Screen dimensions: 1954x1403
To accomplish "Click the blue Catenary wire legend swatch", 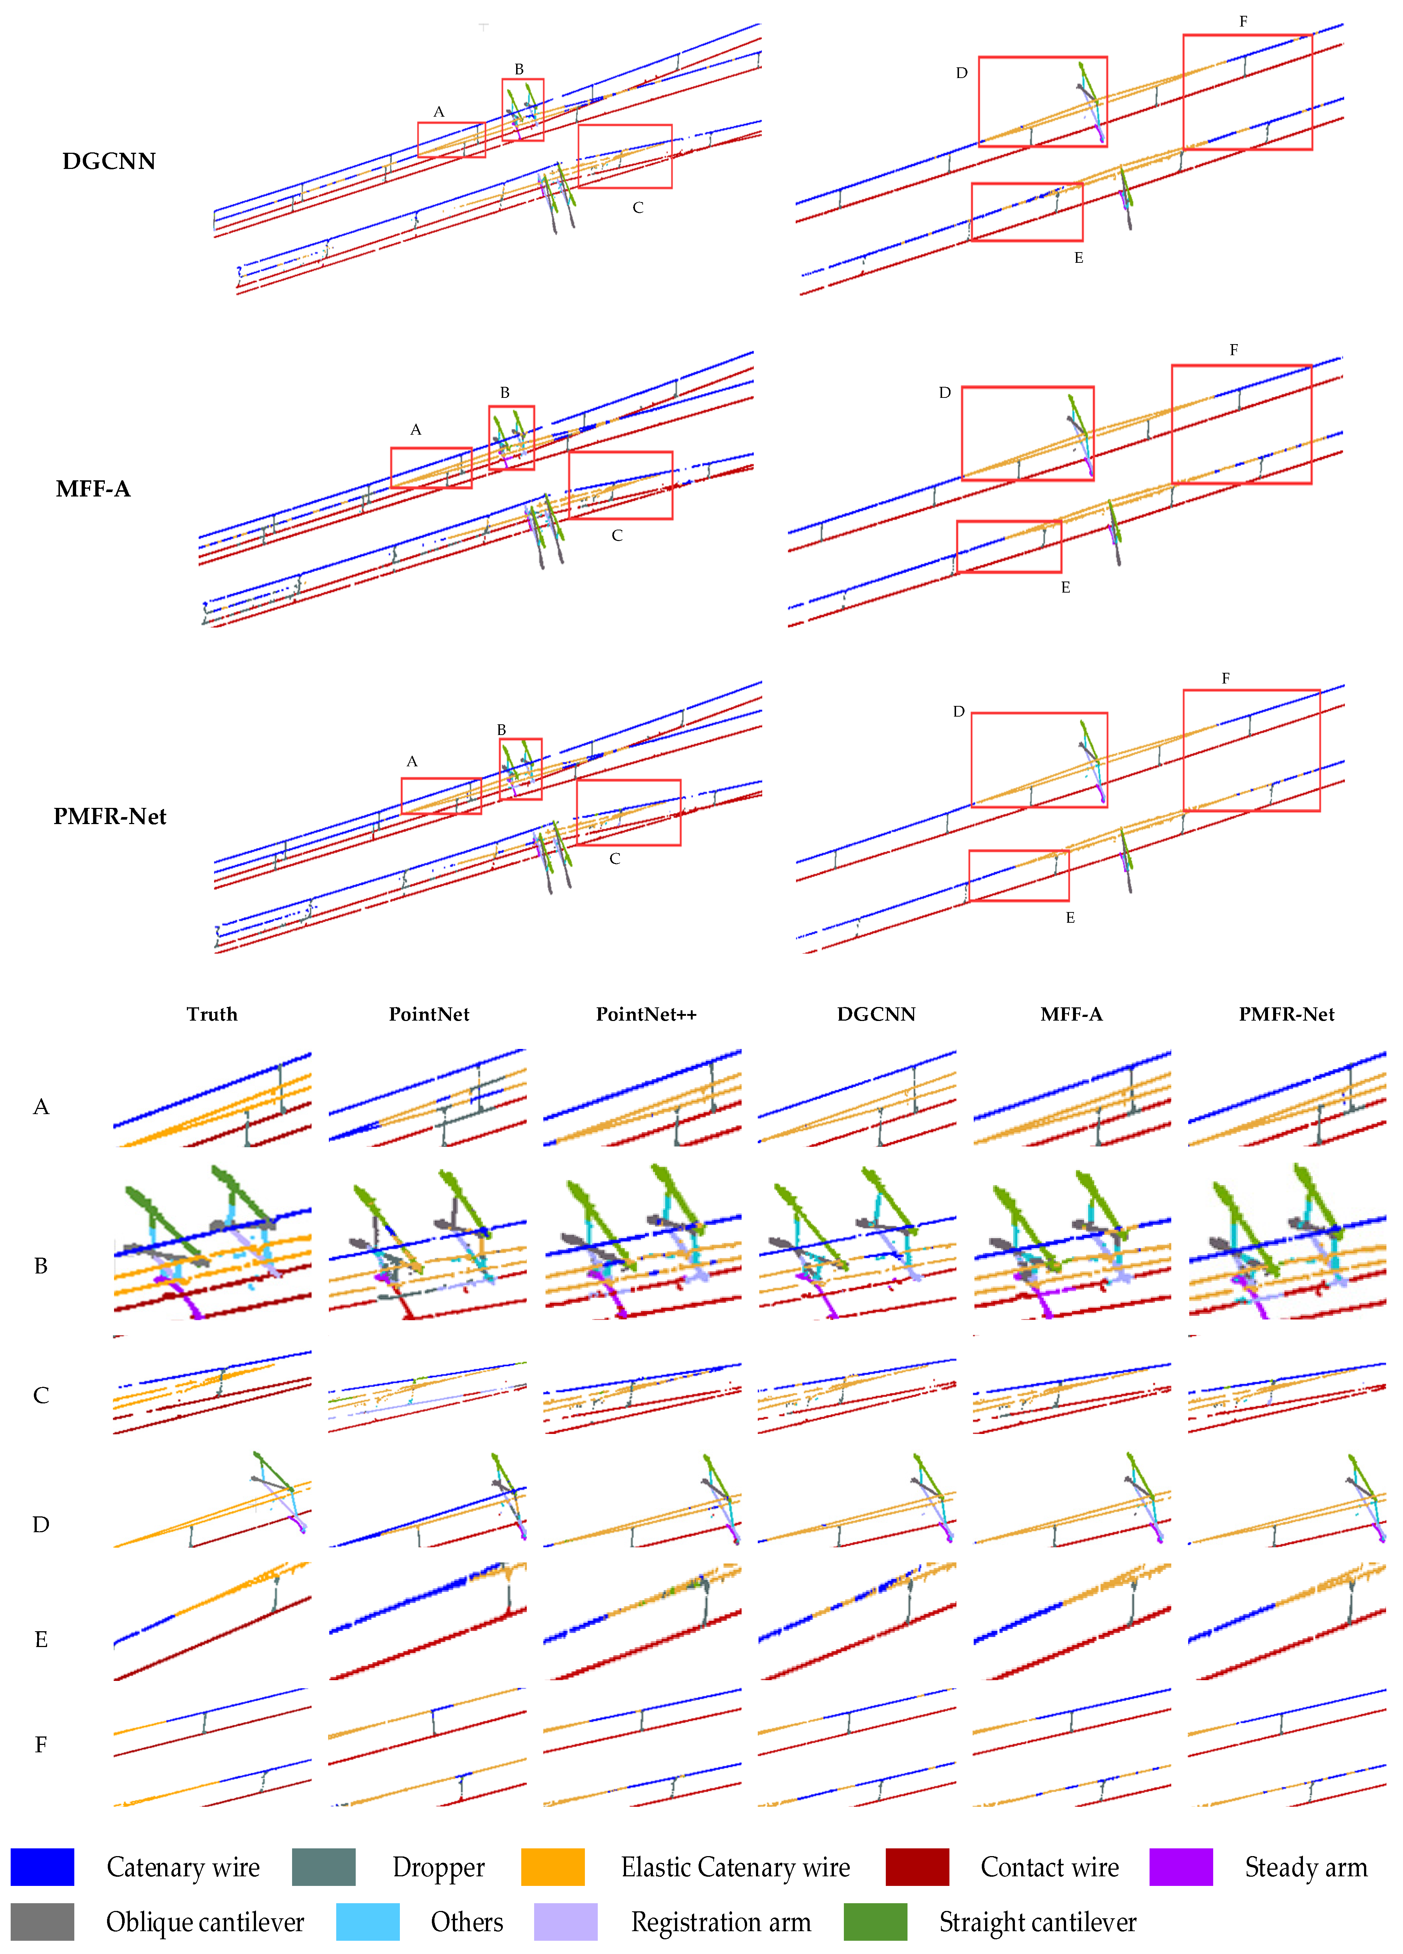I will coord(42,1867).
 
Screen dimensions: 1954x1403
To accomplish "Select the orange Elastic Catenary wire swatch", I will coord(553,1867).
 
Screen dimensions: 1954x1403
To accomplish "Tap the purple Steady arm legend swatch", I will coord(1181,1867).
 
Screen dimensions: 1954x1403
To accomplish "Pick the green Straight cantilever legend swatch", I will coord(875,1922).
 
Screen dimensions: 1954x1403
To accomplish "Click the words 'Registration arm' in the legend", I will coord(721,1922).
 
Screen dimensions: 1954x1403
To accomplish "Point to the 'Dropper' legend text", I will coord(438,1867).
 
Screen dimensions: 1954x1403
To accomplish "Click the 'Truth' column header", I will coord(212,1014).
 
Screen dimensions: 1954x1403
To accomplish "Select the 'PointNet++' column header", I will coord(646,1014).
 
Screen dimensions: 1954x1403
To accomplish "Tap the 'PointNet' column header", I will coord(429,1014).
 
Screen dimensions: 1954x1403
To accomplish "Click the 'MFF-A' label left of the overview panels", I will coord(93,488).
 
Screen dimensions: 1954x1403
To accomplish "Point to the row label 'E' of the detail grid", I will coord(40,1639).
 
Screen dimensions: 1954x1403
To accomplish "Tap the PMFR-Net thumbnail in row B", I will coord(1287,1241).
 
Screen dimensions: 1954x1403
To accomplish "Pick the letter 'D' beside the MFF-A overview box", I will coord(945,393).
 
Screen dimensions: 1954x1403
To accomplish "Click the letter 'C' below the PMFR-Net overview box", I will coord(615,859).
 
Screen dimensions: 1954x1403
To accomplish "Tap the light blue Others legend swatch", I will coord(368,1922).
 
